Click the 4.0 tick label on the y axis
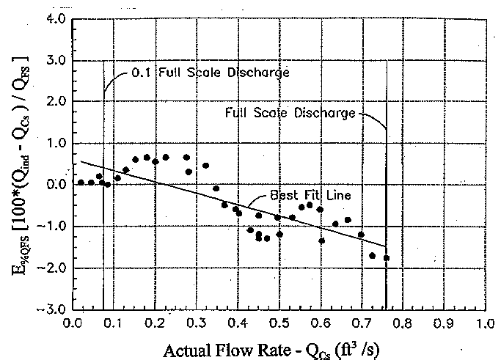point(56,18)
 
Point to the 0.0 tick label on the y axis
point(56,185)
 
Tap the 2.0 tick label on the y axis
point(56,101)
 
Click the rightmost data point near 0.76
point(387,257)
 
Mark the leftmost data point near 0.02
point(81,182)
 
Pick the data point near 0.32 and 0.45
point(205,166)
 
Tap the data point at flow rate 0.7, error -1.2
point(361,235)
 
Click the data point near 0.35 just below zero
point(216,188)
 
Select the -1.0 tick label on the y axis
point(54,227)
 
